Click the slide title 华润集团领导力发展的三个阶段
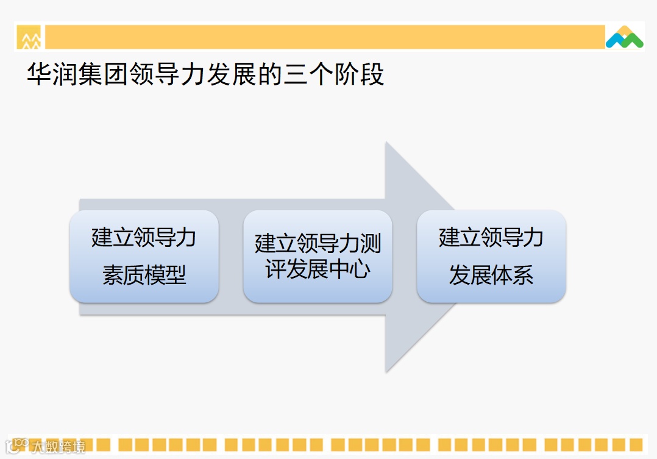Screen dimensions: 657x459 coord(205,75)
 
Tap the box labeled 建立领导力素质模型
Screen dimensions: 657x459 coord(144,257)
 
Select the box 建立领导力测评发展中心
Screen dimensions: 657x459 coord(318,257)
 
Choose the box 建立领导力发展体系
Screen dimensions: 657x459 coord(491,257)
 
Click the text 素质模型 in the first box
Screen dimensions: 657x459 coord(144,276)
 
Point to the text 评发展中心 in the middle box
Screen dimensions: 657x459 coord(318,269)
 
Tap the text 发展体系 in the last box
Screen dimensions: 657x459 coord(491,276)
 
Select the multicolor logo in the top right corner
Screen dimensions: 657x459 coord(624,37)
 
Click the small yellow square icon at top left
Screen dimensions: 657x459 coord(29,38)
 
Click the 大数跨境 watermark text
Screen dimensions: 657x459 coord(59,447)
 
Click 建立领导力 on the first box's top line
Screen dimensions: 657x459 coord(144,237)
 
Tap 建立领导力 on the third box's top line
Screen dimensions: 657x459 coord(491,237)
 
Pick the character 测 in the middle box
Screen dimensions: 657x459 coord(371,243)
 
